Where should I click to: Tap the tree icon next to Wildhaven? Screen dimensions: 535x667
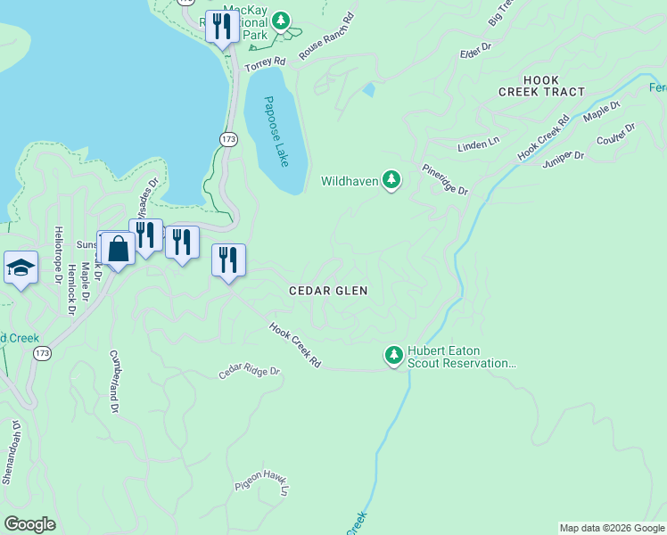click(x=391, y=181)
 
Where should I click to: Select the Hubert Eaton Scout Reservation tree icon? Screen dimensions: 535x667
click(x=393, y=356)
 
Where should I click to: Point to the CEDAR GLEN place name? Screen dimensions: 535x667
click(x=328, y=291)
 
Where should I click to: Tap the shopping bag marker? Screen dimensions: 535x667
click(x=118, y=249)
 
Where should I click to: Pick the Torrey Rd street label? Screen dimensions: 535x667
click(x=266, y=65)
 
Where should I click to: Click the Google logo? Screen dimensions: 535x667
click(x=29, y=524)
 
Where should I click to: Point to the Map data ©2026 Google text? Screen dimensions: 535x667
click(x=611, y=528)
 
